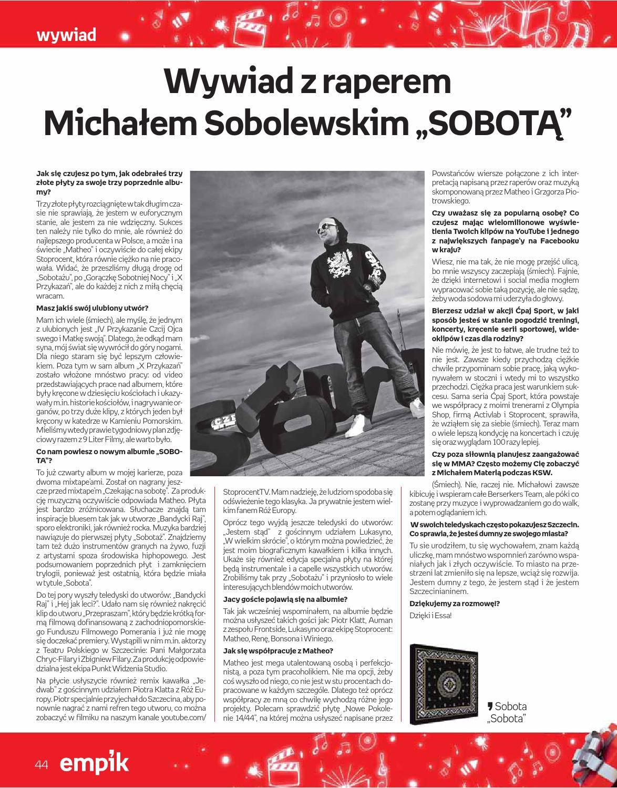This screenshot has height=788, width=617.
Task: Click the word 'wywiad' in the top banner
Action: pos(66,35)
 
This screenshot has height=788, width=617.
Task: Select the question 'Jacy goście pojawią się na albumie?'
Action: pos(285,599)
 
